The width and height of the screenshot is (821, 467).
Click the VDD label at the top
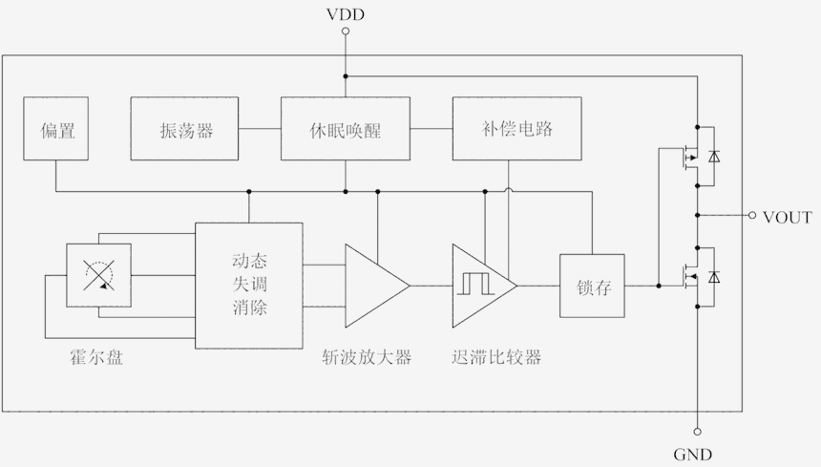coord(346,13)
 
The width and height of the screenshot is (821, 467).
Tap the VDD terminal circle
coord(346,32)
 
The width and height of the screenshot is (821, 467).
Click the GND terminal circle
coord(697,432)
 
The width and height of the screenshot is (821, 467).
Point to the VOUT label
coord(787,218)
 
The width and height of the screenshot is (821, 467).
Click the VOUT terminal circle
coord(752,216)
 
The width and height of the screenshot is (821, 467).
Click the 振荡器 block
coord(186,129)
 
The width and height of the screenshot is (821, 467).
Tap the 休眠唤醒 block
coord(346,129)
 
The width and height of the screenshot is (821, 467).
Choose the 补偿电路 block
coord(517,129)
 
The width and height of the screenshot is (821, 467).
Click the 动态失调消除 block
coord(249,284)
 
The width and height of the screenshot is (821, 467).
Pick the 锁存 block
coord(592,286)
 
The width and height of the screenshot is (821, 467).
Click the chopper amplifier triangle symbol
coord(372,285)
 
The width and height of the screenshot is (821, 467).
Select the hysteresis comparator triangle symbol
coord(481,285)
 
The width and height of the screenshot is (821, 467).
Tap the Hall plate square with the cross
coord(99,275)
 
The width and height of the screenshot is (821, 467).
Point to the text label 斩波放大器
coord(367,358)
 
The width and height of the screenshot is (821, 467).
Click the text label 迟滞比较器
coord(496,358)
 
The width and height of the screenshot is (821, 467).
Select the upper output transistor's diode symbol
coord(715,154)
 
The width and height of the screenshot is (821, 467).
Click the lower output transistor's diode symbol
coord(715,276)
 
